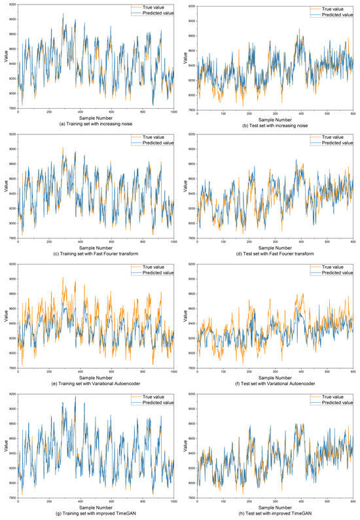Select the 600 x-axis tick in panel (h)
353,502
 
